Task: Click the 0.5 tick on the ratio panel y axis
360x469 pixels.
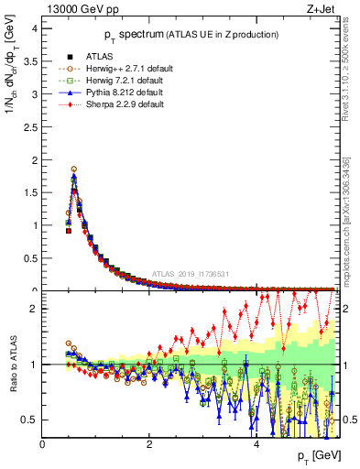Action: tap(30, 420)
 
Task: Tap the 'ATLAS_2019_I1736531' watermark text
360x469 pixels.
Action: tap(191, 273)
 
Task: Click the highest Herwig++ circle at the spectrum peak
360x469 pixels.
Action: tap(74, 169)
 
